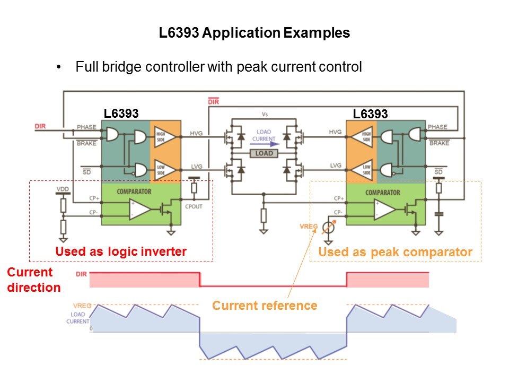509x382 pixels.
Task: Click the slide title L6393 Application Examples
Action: click(x=254, y=33)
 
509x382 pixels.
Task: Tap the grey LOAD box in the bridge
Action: click(x=264, y=153)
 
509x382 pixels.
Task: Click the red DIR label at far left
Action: click(x=40, y=126)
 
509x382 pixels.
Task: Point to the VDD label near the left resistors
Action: click(x=63, y=189)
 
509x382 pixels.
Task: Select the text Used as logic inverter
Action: click(x=121, y=252)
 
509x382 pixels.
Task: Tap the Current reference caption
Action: click(x=265, y=306)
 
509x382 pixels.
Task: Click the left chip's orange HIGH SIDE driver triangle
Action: click(x=159, y=136)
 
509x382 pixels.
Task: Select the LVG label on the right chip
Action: click(x=336, y=166)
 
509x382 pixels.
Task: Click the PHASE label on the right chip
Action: click(x=437, y=127)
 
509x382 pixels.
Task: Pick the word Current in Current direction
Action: click(x=30, y=272)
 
